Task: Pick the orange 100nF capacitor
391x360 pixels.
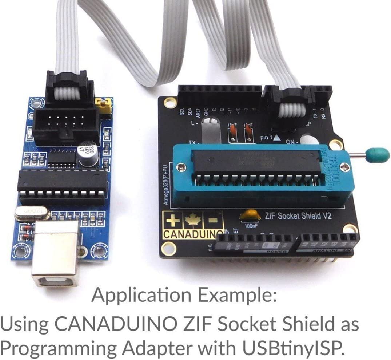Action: [248, 216]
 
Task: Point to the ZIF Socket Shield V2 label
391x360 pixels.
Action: [298, 216]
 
